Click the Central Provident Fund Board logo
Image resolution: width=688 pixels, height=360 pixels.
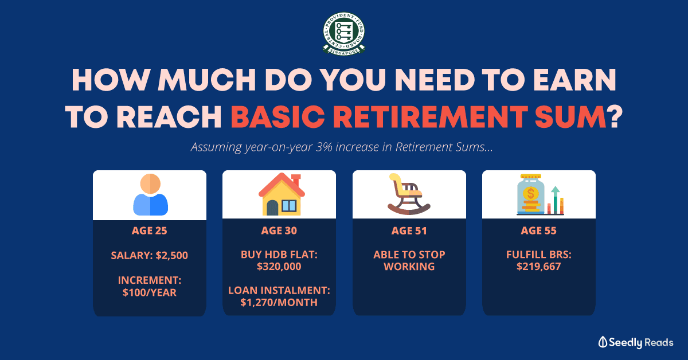[x=343, y=34]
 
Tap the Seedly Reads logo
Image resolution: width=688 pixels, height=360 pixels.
[x=635, y=342]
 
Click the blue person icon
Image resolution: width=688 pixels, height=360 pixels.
[x=150, y=195]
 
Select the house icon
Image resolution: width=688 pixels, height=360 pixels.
[x=282, y=194]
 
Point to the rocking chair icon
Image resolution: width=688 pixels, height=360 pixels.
[x=409, y=194]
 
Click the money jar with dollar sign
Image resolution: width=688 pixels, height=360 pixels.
[x=530, y=195]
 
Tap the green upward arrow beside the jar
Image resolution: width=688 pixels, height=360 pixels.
[x=555, y=199]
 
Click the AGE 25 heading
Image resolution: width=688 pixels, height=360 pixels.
[x=149, y=230]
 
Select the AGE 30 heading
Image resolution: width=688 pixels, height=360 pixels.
[x=279, y=230]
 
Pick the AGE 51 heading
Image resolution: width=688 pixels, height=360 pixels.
[x=409, y=230]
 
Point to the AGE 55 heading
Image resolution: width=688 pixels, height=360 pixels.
[x=539, y=230]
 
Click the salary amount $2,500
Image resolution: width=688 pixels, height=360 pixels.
[x=171, y=256]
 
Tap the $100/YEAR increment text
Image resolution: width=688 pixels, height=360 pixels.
[x=149, y=292]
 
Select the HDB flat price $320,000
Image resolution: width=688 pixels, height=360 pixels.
[x=279, y=267]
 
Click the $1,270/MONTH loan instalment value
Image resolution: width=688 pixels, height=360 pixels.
[x=279, y=303]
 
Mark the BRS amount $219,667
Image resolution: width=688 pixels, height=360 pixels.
[x=539, y=267]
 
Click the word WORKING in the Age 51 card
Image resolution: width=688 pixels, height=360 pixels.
[x=409, y=267]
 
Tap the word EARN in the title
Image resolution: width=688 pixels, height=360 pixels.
[x=574, y=80]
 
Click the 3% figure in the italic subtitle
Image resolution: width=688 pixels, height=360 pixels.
[x=324, y=147]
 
